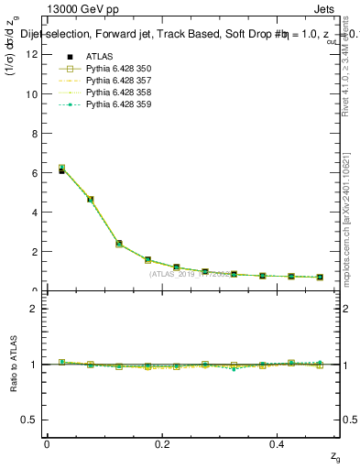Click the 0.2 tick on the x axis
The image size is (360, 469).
tap(162, 444)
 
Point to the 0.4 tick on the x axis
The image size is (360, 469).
tap(278, 444)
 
